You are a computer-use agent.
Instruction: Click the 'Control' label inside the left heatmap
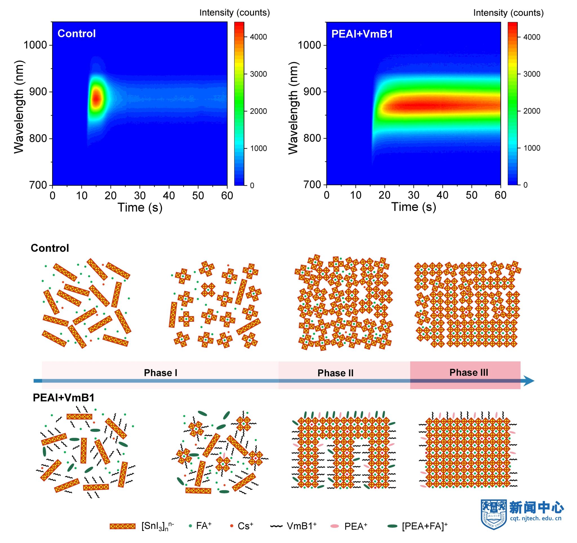coord(76,34)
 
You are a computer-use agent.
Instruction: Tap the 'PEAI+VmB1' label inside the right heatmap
coord(362,34)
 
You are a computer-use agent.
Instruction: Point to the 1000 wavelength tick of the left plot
coord(35,45)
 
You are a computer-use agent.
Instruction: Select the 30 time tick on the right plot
coord(413,195)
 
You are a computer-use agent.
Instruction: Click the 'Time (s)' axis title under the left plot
coord(140,208)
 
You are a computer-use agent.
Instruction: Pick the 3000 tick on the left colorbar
coord(258,74)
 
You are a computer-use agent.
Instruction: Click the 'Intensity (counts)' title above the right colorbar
coord(508,13)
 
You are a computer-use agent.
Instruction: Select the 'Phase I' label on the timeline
coord(161,373)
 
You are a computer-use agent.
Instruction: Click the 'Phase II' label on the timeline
coord(335,373)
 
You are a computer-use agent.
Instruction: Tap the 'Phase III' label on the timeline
coord(469,372)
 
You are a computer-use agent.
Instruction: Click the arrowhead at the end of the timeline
coord(529,381)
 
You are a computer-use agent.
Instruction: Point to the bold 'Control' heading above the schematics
coord(50,248)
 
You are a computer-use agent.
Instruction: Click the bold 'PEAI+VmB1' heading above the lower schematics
coord(64,398)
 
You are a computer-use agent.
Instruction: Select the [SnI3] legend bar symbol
coord(123,526)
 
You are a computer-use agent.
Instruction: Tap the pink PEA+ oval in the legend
coord(335,526)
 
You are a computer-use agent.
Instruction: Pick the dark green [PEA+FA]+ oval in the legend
coord(392,526)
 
